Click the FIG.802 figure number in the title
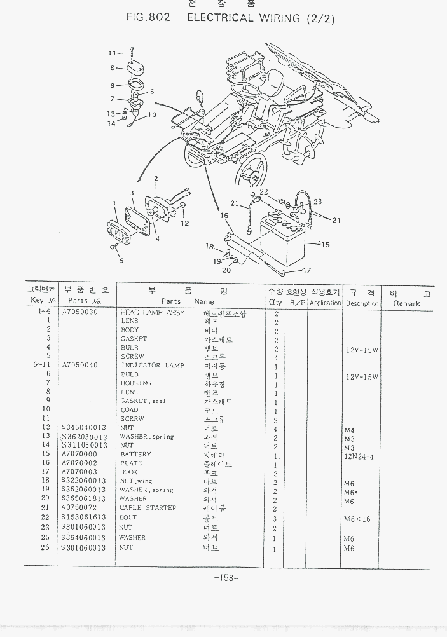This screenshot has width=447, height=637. tap(149, 18)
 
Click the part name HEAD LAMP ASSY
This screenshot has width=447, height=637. tap(153, 313)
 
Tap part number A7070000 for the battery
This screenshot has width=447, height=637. tap(79, 455)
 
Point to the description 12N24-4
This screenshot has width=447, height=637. tap(359, 456)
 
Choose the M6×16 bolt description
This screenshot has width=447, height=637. tap(357, 519)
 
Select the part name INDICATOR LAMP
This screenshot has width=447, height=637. tap(153, 366)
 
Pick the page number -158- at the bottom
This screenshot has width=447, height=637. tap(226, 577)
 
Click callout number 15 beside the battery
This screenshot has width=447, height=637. tap(325, 245)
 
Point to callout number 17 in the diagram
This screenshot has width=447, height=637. tap(306, 270)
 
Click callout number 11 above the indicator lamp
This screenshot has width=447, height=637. tap(112, 53)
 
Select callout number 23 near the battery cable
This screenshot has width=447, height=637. tap(317, 202)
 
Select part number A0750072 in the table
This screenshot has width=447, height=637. tap(79, 508)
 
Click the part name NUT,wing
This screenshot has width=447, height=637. tap(136, 481)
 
